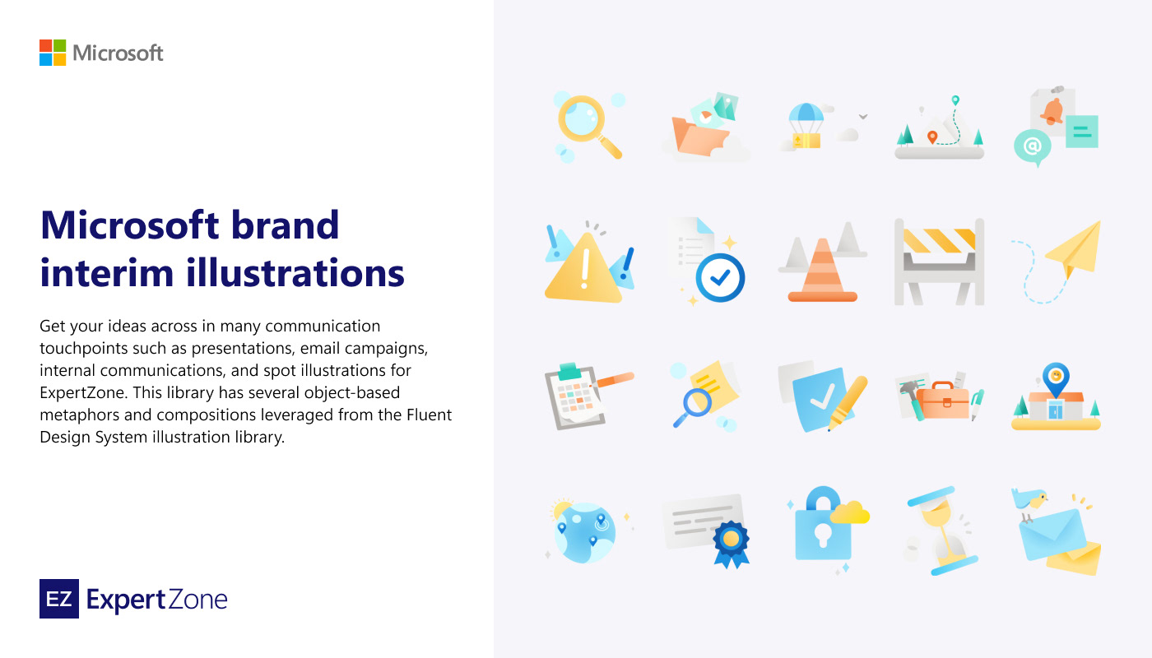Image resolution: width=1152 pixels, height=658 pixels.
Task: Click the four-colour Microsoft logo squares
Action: [53, 53]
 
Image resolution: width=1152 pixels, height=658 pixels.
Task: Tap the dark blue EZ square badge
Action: [59, 599]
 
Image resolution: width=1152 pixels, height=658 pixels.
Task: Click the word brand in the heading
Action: [285, 225]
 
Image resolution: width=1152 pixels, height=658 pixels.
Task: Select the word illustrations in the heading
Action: [295, 272]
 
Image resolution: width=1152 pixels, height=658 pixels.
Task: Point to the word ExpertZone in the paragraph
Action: [83, 393]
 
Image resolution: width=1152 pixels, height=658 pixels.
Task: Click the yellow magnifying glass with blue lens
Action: [589, 126]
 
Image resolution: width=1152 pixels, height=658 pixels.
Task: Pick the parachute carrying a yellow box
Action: [806, 126]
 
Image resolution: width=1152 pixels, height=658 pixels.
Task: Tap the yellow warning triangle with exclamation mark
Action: [583, 268]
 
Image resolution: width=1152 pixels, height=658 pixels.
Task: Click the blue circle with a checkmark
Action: [720, 278]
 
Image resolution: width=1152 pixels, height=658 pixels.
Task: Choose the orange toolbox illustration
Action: [943, 401]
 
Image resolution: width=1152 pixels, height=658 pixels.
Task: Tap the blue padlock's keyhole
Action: [823, 535]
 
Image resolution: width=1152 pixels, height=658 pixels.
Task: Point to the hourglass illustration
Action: [940, 531]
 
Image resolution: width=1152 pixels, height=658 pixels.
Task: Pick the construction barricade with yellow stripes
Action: [939, 262]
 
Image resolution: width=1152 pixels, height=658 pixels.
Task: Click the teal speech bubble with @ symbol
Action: [1033, 147]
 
